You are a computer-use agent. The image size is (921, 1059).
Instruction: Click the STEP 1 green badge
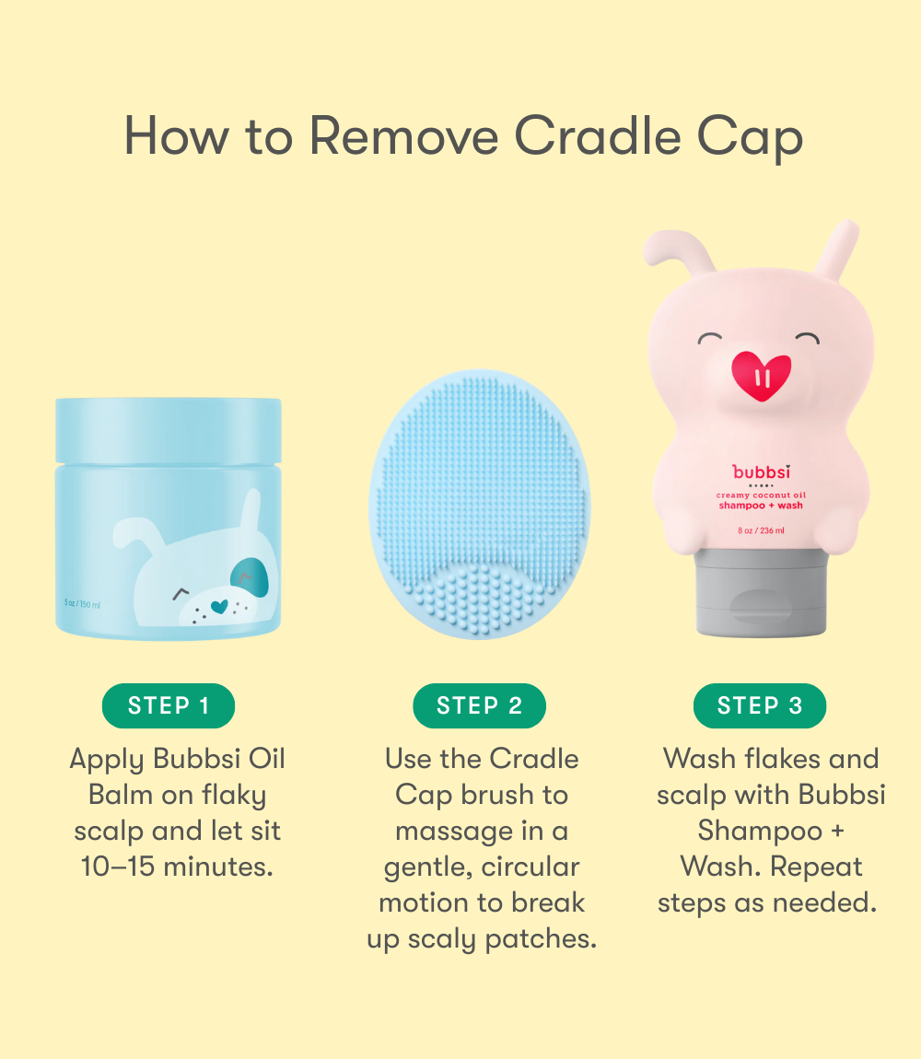point(168,706)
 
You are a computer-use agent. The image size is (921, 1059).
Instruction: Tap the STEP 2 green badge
point(479,706)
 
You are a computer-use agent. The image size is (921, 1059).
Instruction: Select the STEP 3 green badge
point(759,706)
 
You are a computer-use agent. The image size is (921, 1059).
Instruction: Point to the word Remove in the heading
point(403,136)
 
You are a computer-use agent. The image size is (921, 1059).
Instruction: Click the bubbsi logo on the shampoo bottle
point(761,472)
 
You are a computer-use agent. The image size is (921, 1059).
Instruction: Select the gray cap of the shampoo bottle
point(761,591)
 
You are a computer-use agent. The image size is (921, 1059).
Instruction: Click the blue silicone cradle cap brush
point(479,504)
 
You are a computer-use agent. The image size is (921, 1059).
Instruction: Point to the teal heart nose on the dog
point(218,606)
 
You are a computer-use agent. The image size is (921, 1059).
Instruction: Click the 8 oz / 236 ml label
point(761,529)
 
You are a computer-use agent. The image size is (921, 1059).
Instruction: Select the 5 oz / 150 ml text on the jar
point(82,604)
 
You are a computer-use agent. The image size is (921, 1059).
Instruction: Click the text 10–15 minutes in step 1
point(177,867)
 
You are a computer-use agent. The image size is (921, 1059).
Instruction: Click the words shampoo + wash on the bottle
point(761,505)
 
